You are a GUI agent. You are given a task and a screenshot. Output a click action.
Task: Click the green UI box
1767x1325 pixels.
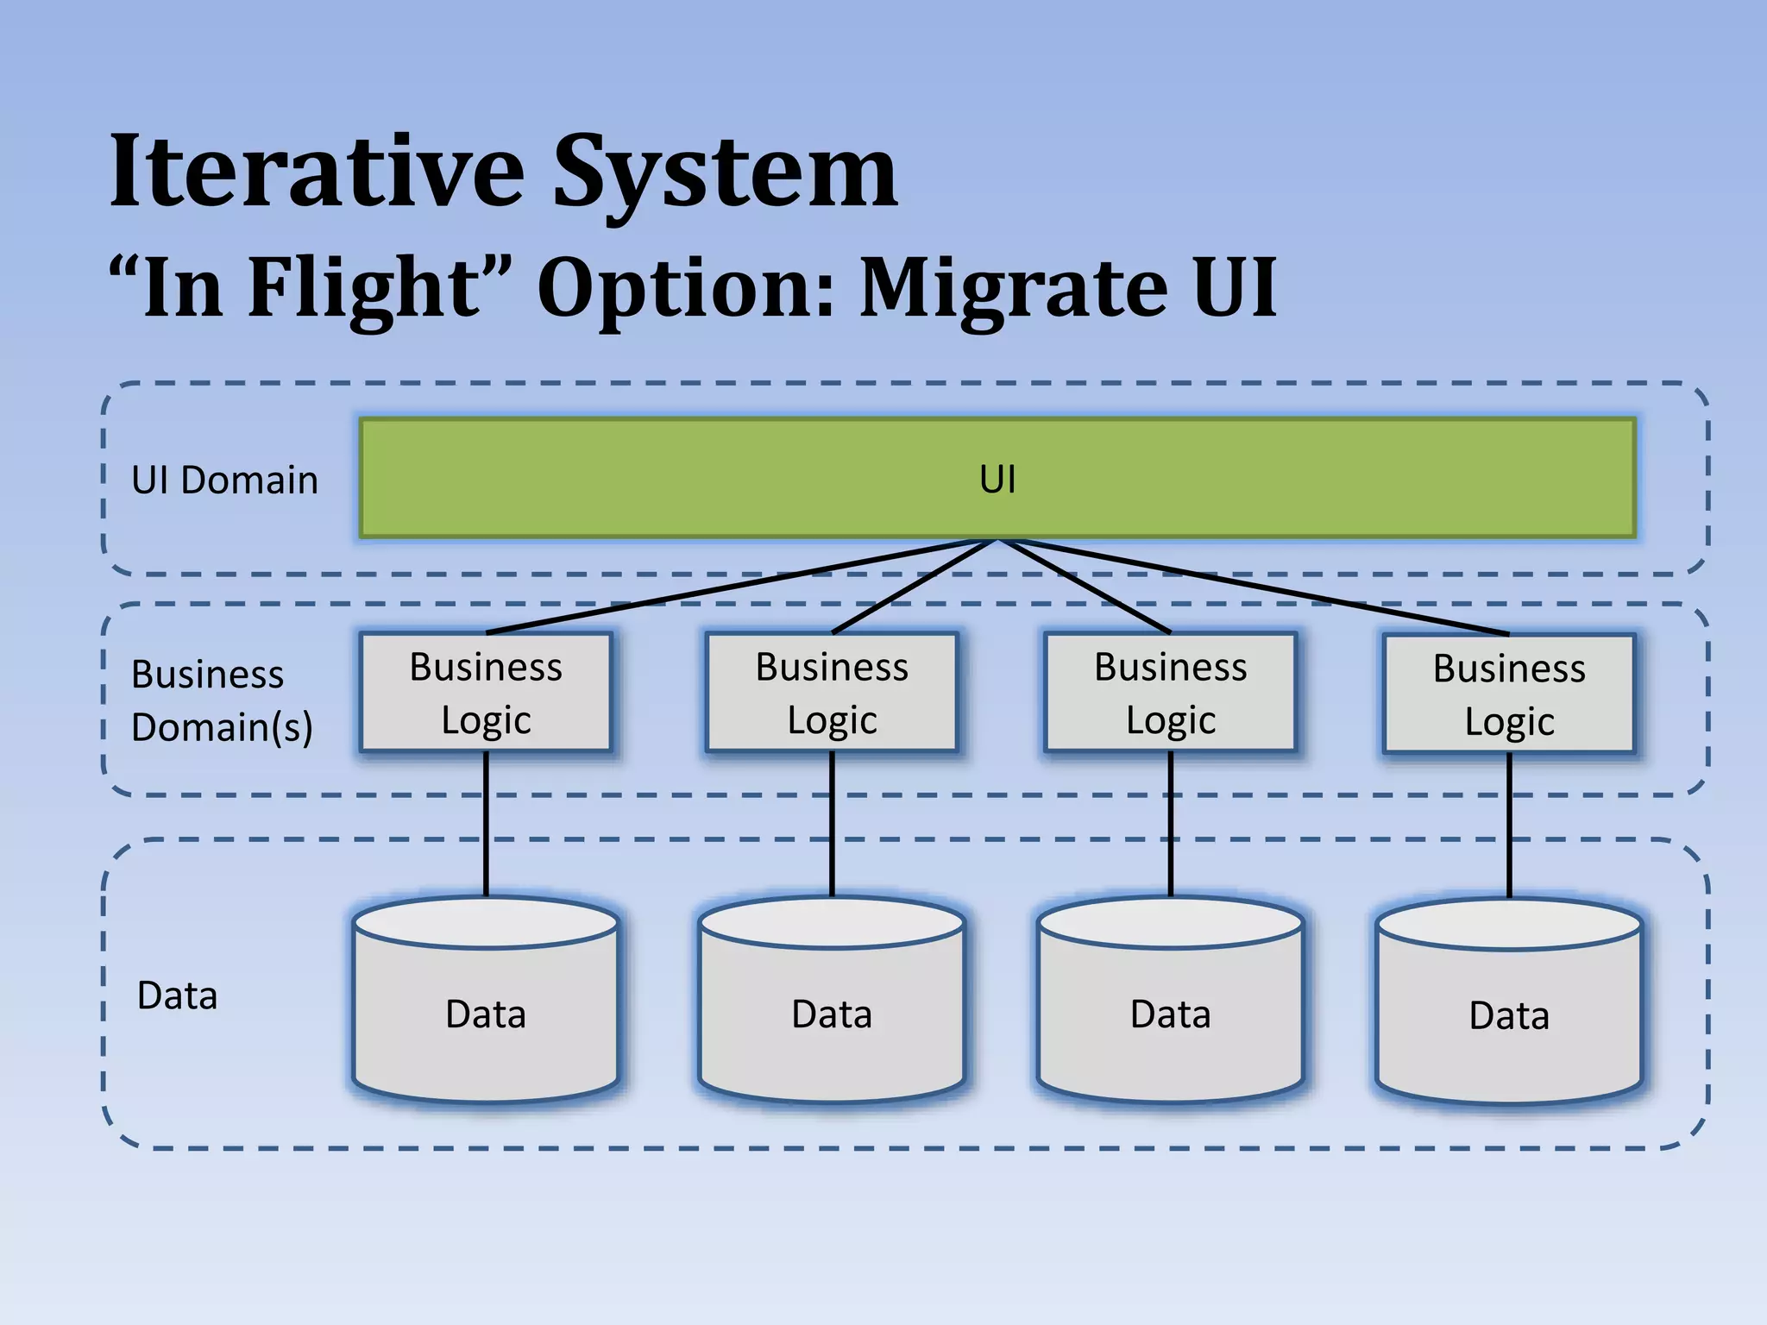[997, 479]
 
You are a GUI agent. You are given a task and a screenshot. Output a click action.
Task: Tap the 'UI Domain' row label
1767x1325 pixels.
[224, 480]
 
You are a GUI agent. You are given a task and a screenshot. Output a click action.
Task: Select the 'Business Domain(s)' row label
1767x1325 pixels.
[221, 700]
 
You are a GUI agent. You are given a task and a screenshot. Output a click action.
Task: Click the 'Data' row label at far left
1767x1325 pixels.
[177, 995]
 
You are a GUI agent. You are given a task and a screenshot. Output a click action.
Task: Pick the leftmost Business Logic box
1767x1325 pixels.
[486, 693]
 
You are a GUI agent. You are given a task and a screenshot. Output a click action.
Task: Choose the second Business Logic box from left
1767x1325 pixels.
[832, 693]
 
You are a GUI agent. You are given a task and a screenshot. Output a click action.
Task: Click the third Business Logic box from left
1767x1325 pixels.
[1170, 693]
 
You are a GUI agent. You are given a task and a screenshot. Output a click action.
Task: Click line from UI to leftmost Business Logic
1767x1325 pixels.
[742, 587]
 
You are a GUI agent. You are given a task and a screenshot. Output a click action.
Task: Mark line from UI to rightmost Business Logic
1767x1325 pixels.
[1251, 587]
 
